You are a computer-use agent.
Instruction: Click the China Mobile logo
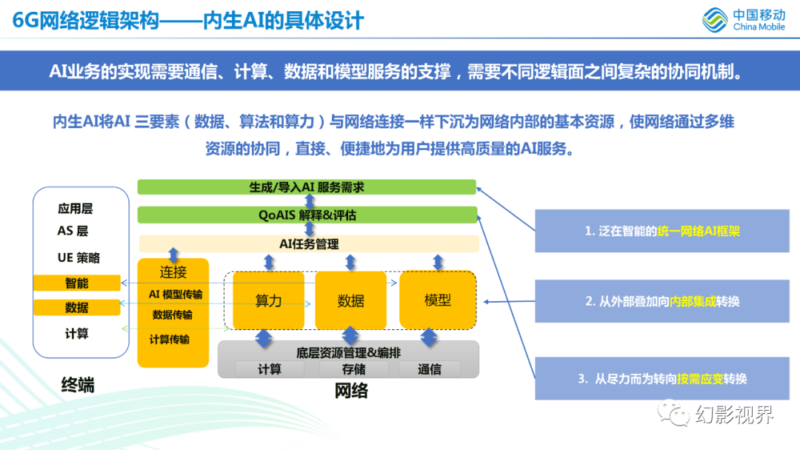(x=744, y=20)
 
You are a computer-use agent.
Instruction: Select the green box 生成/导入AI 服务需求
(x=307, y=187)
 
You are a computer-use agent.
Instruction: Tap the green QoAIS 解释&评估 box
(x=307, y=215)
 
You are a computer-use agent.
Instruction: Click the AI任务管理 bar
(x=309, y=244)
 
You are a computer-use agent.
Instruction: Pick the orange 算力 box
(x=268, y=300)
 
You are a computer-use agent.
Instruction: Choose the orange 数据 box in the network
(x=350, y=300)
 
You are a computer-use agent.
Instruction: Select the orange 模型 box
(x=437, y=300)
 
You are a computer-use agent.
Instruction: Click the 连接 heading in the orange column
(x=173, y=272)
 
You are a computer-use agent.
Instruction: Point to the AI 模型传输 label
(x=175, y=294)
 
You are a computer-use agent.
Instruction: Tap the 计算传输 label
(x=170, y=339)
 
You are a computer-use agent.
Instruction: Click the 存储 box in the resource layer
(x=353, y=369)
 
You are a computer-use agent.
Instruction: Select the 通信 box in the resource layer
(x=429, y=369)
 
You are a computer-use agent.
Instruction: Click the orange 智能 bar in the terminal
(x=76, y=283)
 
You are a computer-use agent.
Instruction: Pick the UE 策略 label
(x=79, y=258)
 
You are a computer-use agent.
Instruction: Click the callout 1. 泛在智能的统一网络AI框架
(x=662, y=231)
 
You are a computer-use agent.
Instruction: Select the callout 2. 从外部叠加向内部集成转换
(x=662, y=301)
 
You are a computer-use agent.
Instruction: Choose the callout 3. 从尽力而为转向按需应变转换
(x=662, y=378)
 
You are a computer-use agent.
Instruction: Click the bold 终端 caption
(x=77, y=385)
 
